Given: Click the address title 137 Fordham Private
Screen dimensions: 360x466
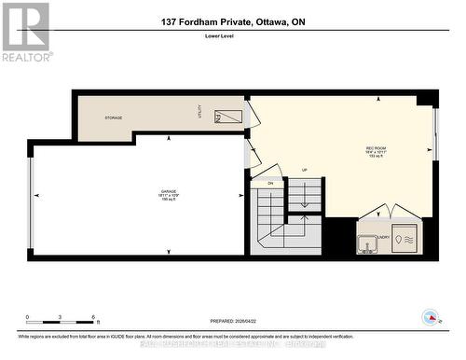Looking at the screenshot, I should [232, 23].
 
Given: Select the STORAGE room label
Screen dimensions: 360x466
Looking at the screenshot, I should [114, 118].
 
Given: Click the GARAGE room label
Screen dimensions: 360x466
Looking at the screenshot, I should [142, 193].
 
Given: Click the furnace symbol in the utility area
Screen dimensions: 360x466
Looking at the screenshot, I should [228, 118].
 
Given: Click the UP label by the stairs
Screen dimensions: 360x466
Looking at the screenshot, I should [304, 171].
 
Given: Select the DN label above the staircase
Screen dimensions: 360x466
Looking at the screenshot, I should [269, 183].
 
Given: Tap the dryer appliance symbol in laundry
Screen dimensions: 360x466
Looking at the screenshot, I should [405, 238].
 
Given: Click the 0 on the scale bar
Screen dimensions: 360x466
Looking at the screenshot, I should [27, 317].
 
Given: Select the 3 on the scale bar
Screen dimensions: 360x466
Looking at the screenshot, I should [60, 317].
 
